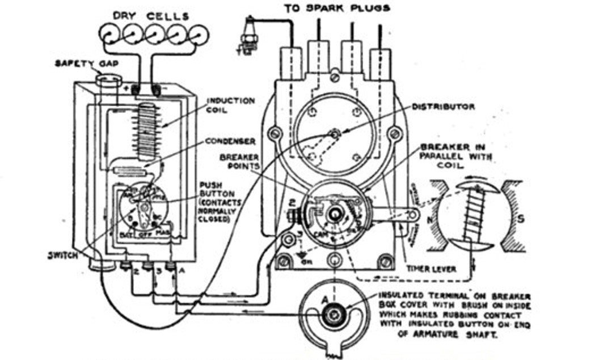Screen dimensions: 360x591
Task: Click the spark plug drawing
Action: tap(248, 36)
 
